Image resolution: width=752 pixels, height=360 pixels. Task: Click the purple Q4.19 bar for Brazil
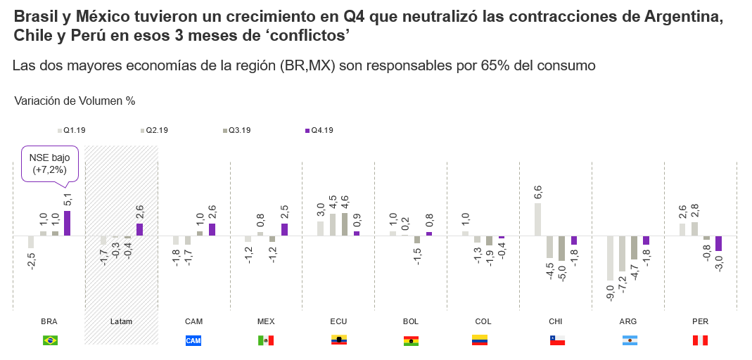[x=68, y=223]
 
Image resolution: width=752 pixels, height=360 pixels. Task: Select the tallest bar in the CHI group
[x=538, y=219]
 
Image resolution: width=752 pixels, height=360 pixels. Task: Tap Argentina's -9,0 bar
[x=611, y=257]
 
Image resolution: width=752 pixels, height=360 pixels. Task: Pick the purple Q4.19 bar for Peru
[x=718, y=243]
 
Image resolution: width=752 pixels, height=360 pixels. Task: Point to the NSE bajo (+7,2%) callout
[x=49, y=164]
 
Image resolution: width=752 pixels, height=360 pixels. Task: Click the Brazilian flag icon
[x=50, y=340]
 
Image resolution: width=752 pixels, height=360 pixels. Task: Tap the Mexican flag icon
[x=266, y=340]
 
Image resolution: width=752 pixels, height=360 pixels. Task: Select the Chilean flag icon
[x=556, y=340]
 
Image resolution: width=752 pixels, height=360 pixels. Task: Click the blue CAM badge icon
[x=193, y=340]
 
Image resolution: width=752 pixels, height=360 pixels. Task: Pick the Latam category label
[x=121, y=321]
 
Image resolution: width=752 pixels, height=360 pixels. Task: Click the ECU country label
[x=338, y=321]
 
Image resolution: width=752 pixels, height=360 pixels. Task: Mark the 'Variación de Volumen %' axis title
[x=75, y=101]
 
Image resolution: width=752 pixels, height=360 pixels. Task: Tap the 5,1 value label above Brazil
[x=68, y=200]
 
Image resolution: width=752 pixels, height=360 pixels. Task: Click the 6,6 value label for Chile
[x=538, y=192]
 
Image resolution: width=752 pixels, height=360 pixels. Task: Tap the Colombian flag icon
[x=480, y=340]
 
